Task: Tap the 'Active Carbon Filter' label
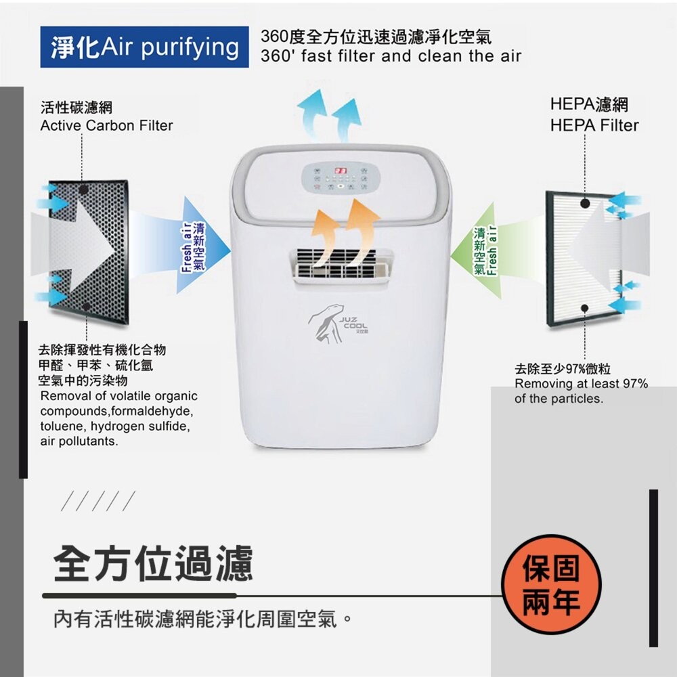pyautogui.click(x=106, y=125)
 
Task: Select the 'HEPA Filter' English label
pyautogui.click(x=594, y=125)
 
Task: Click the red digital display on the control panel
pyautogui.click(x=341, y=171)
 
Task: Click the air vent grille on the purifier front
pyautogui.click(x=343, y=265)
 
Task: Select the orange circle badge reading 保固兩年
pyautogui.click(x=551, y=584)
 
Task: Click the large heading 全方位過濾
pyautogui.click(x=153, y=563)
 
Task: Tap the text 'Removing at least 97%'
pyautogui.click(x=581, y=384)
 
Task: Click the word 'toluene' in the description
pyautogui.click(x=62, y=427)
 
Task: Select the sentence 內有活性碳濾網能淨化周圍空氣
pyautogui.click(x=203, y=619)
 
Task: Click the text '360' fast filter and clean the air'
pyautogui.click(x=391, y=56)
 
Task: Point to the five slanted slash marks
pyautogui.click(x=97, y=502)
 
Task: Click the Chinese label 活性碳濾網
pyautogui.click(x=76, y=108)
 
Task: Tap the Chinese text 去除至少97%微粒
pyautogui.click(x=562, y=369)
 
